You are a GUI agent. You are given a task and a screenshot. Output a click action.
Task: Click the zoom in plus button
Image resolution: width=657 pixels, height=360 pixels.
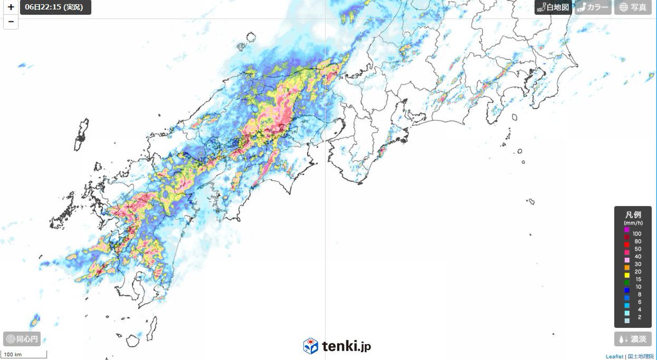(11, 8)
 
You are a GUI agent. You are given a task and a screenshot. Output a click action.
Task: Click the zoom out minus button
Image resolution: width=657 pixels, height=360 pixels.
(11, 22)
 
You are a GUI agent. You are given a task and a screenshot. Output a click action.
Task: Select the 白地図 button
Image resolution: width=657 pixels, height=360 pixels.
(554, 7)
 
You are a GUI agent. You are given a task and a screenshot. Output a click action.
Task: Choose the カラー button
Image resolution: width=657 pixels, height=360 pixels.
(592, 7)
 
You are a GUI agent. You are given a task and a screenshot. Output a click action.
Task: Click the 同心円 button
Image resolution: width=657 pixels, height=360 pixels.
(22, 339)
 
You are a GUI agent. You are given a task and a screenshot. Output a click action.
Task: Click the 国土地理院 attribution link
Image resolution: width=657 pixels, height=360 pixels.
(640, 356)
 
